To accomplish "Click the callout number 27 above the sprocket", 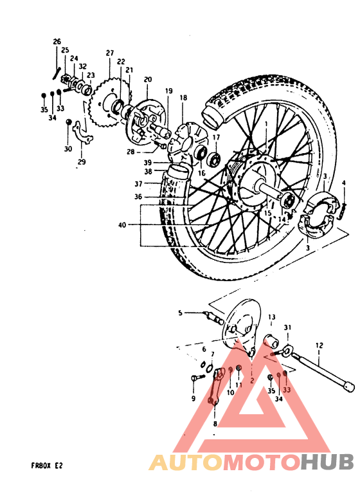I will (x=110, y=53).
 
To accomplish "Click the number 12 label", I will (x=318, y=345).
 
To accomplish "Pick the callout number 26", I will (x=57, y=42).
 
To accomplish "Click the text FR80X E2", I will (x=47, y=464).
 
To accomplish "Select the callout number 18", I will (x=183, y=98).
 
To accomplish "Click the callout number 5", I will (x=181, y=313).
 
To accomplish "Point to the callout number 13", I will (x=271, y=317).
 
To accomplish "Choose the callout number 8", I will (x=215, y=424).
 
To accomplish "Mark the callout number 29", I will (x=82, y=162).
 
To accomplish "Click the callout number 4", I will (x=344, y=183).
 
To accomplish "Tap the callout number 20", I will (x=147, y=79).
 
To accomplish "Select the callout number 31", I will (x=288, y=327).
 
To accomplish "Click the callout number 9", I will (x=192, y=399).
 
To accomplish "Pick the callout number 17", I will (x=216, y=138).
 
